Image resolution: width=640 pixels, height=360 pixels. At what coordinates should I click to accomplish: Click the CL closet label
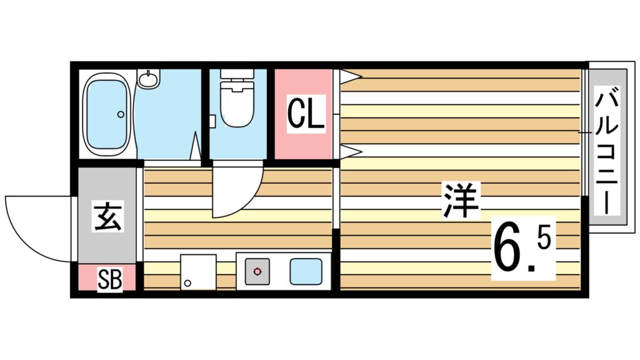306,114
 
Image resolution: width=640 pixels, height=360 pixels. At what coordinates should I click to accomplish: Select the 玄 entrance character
107,216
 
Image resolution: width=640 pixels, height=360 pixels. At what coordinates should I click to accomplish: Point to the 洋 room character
461,200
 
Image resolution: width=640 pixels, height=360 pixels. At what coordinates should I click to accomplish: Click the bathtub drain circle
121,114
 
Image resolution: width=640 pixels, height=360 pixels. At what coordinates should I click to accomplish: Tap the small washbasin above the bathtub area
148,79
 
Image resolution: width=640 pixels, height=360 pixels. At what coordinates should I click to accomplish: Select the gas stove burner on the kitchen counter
257,272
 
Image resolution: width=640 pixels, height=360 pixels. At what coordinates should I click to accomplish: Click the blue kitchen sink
305,272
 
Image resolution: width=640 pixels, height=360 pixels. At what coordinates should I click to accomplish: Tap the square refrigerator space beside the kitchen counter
198,272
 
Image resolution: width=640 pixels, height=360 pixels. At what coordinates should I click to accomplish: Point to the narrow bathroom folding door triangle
195,147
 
